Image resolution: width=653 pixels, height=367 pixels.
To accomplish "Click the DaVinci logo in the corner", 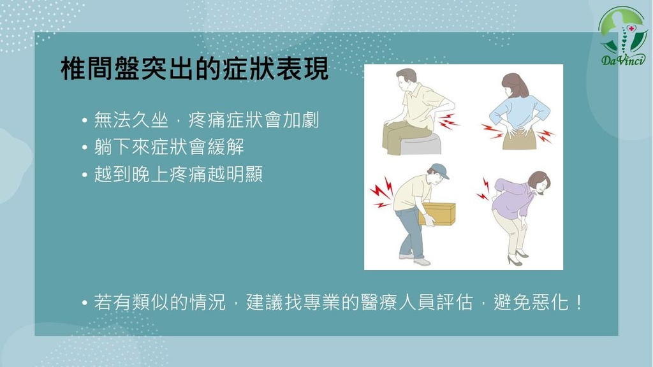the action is point(622,36).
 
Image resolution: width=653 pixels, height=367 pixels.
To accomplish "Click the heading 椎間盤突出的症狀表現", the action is point(195,68).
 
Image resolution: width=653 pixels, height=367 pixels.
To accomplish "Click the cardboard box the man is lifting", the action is point(438,214).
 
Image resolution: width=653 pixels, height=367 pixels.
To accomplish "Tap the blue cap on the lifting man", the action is point(440,171).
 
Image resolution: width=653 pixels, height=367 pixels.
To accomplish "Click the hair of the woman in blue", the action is point(515,85).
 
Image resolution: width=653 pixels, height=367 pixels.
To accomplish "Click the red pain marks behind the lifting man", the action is point(381,192).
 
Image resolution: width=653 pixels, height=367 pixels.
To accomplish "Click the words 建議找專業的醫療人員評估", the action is point(360,302).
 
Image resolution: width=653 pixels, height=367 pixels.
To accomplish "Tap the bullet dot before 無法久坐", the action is point(85,121).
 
